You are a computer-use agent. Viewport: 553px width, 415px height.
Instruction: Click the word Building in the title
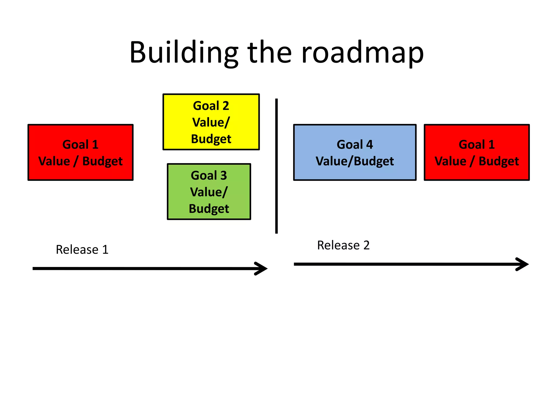184,53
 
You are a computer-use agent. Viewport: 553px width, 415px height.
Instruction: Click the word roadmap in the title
362,53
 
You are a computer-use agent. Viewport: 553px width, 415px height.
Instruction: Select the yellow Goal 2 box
211,122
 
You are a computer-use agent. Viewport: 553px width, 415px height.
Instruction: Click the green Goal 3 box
209,192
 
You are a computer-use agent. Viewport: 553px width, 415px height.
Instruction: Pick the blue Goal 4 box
355,152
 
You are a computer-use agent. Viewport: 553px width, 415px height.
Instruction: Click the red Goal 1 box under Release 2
477,152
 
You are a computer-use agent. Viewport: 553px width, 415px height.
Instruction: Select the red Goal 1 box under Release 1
80,152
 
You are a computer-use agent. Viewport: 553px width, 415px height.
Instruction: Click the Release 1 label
82,249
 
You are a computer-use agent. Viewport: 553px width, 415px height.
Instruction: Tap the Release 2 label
343,245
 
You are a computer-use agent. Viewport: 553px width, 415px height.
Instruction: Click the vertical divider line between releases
276,166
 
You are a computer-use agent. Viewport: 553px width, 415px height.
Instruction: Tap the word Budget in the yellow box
211,139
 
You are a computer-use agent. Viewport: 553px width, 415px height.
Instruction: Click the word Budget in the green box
209,209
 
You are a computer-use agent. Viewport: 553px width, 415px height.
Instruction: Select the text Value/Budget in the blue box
355,161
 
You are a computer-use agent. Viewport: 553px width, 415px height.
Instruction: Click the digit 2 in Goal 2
226,106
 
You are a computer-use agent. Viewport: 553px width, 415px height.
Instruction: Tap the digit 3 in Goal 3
224,176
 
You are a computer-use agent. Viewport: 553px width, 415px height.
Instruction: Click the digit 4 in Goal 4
369,145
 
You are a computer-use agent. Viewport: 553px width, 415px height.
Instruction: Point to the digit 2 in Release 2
366,245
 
